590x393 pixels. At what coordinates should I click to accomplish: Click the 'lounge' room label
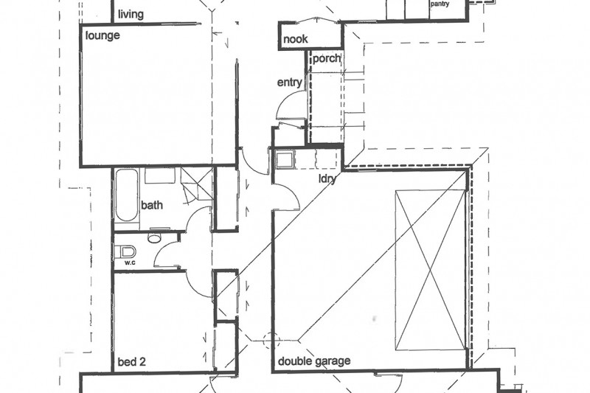pyautogui.click(x=103, y=35)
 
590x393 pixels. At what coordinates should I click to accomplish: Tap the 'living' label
pyautogui.click(x=131, y=14)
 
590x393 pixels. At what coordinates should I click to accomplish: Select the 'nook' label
pyautogui.click(x=295, y=40)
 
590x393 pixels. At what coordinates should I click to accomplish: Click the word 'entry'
pyautogui.click(x=289, y=83)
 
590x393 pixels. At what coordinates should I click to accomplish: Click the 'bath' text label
pyautogui.click(x=152, y=206)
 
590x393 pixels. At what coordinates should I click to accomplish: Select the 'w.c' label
pyautogui.click(x=130, y=262)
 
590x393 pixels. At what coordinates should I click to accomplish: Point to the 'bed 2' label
pyautogui.click(x=133, y=362)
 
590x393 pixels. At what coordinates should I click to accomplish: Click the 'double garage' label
pyautogui.click(x=313, y=362)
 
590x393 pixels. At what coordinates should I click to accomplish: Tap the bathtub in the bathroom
pyautogui.click(x=126, y=195)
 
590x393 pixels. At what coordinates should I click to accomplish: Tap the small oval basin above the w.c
pyautogui.click(x=155, y=237)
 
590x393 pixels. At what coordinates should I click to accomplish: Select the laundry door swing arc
pyautogui.click(x=286, y=195)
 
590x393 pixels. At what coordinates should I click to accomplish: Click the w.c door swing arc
pyautogui.click(x=166, y=254)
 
